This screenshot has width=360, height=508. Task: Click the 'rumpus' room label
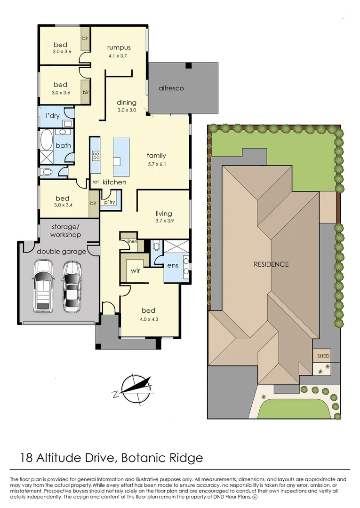(119, 48)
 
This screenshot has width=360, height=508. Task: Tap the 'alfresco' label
(171, 88)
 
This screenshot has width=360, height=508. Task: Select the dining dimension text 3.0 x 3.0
(127, 110)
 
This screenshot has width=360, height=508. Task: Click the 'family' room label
(156, 156)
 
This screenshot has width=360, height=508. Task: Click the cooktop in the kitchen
(95, 155)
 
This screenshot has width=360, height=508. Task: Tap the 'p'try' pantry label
(110, 202)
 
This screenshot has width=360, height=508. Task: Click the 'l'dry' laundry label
(52, 115)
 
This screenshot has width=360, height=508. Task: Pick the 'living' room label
(164, 214)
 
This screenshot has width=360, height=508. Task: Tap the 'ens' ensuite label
(172, 266)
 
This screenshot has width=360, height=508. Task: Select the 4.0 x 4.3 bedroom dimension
(149, 319)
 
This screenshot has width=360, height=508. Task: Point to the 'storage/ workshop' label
(66, 230)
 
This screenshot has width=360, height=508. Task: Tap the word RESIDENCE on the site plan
(271, 264)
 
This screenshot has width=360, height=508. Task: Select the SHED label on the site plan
(323, 356)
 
